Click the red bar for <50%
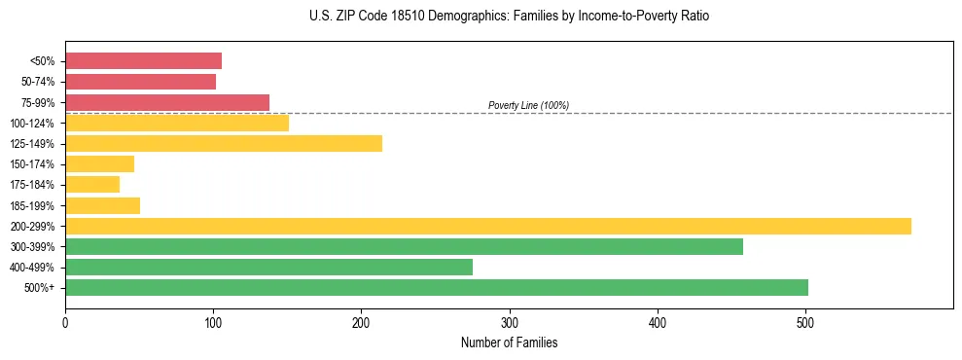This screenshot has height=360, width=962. click(x=143, y=61)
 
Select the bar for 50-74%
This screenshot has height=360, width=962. click(x=140, y=82)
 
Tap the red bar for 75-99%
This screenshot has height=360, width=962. click(x=167, y=102)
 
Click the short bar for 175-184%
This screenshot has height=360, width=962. click(x=92, y=185)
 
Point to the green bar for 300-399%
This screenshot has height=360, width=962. click(x=404, y=247)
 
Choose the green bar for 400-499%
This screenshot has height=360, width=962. click(x=268, y=268)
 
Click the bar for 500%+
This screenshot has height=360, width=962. click(x=437, y=288)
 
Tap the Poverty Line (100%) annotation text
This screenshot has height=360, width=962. click(x=528, y=105)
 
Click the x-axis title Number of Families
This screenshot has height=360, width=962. click(x=509, y=343)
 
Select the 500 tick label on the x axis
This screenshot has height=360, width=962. click(x=805, y=322)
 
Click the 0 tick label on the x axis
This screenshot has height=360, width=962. click(x=65, y=322)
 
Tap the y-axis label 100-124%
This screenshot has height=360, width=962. click(x=32, y=124)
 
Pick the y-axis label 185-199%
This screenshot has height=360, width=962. click(x=32, y=205)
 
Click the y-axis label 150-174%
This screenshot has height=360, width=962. click(x=32, y=164)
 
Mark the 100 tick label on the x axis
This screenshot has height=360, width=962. click(x=213, y=322)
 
